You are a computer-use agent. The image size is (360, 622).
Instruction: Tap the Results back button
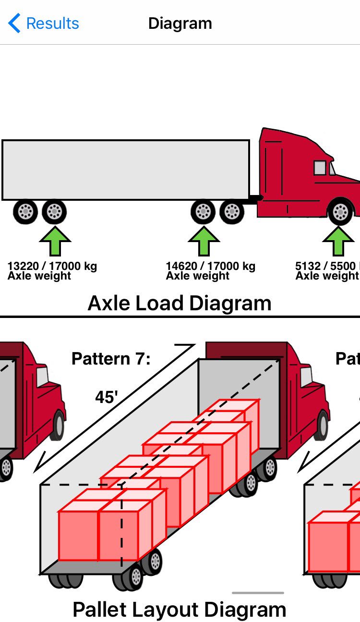tap(44, 23)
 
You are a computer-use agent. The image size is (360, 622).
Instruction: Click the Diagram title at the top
tap(180, 23)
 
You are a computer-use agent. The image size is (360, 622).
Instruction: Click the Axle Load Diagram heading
tap(180, 303)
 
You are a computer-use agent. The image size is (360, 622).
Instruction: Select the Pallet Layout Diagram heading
tap(180, 609)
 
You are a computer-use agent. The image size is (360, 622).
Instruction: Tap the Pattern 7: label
tap(111, 358)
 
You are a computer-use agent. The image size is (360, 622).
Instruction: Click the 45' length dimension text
tap(107, 398)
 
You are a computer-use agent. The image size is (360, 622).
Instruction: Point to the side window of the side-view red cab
tap(320, 168)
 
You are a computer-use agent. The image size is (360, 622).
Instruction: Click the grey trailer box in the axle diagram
tap(126, 170)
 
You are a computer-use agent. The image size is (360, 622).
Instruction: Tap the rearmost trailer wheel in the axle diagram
tap(25, 211)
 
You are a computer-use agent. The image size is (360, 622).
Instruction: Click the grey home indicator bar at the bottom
tap(258, 593)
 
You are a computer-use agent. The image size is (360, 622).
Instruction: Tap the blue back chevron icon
tap(14, 23)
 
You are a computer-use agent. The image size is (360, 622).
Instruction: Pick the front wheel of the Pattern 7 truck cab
tap(323, 425)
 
